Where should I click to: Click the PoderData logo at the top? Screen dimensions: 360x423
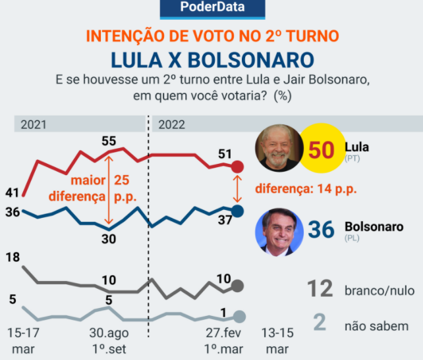pos(211,9)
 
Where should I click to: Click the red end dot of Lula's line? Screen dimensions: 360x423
pos(238,167)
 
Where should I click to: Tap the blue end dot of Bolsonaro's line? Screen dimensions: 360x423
pos(238,211)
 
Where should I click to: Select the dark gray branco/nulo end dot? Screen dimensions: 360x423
pos(238,286)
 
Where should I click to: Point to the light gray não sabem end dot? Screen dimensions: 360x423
pos(239,317)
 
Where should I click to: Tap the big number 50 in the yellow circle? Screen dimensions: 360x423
pos(322,150)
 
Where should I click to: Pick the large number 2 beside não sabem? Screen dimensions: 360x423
pos(320,324)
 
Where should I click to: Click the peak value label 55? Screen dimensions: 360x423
pos(109,140)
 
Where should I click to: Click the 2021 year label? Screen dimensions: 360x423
pos(33,124)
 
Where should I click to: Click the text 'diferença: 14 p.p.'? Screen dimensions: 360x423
pos(306,189)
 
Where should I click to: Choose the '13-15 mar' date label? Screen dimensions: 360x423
pos(277,340)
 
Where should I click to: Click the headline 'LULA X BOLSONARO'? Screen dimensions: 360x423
pos(211,59)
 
